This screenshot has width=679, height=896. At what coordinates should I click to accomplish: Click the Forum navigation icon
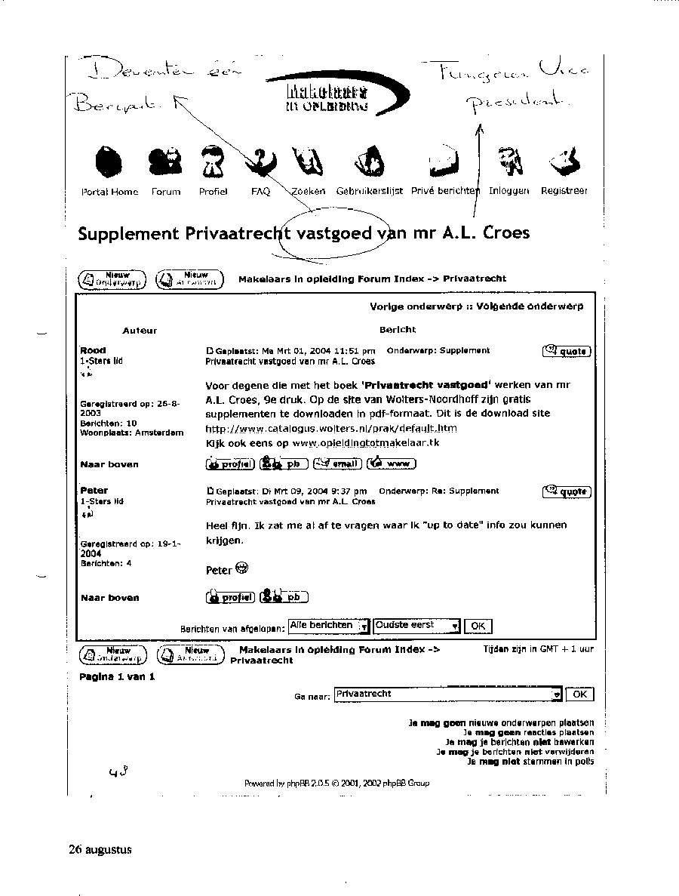(165, 160)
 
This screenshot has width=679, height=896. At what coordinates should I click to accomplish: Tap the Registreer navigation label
(564, 192)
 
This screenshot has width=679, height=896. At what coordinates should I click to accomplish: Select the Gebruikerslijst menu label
(369, 192)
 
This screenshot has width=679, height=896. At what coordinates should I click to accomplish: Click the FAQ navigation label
(260, 192)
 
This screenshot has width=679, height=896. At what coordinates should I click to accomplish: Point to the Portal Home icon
(109, 161)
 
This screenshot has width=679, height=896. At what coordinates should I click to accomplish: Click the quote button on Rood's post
(566, 351)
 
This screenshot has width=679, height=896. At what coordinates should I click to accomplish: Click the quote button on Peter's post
(566, 492)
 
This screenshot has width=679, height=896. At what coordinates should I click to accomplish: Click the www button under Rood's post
(391, 463)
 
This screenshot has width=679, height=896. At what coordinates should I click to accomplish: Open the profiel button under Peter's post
(230, 597)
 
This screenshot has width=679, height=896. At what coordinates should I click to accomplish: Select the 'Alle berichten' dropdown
(329, 626)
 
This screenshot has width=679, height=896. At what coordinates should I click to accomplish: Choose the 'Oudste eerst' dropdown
(416, 626)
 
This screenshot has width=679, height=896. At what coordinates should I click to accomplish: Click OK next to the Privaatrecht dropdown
(579, 694)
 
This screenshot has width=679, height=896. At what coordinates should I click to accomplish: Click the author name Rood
(93, 350)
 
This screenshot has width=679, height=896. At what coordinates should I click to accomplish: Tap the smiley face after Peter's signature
(241, 568)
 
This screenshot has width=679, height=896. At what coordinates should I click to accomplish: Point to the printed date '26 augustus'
(100, 849)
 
